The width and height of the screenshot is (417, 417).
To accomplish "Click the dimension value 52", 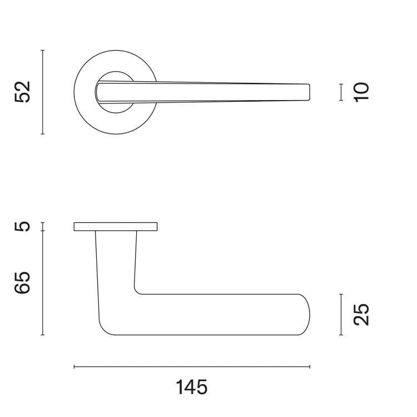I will (23, 92).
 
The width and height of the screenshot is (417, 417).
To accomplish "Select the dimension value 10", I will (361, 92).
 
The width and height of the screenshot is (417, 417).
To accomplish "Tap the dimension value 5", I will (23, 227).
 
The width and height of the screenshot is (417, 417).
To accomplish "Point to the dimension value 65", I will (23, 283).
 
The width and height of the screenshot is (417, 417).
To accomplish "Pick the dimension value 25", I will (361, 315).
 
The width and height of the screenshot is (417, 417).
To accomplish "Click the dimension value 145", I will (192, 386).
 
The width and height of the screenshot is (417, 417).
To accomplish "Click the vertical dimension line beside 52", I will (42, 92).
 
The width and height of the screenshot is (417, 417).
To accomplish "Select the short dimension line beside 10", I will (341, 92).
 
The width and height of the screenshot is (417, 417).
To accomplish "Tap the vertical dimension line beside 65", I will (42, 283).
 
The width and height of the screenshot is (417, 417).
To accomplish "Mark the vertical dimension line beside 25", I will (341, 315).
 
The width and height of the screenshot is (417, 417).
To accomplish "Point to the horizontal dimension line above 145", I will (192, 367).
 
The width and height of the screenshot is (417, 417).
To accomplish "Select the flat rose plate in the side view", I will (116, 226).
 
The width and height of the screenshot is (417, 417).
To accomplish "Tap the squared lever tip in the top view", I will (306, 92).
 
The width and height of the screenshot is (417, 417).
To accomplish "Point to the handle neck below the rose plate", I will (116, 261).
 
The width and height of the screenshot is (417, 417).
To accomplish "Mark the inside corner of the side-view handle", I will (136, 290).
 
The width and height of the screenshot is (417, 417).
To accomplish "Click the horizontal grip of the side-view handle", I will (222, 315).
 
